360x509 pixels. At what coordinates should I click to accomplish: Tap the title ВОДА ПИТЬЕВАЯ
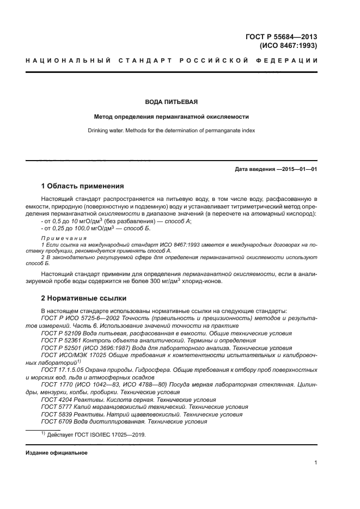171,102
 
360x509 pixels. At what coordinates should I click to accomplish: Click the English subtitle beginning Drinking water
171,131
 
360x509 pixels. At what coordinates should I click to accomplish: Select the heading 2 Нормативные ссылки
84,298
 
